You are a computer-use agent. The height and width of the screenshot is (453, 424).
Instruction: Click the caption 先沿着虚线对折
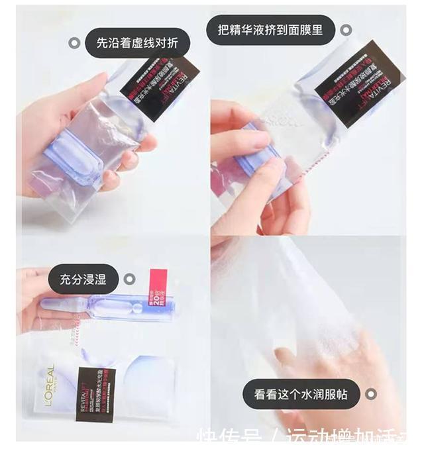(137, 44)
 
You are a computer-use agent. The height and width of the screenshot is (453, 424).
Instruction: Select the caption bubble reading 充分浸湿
(83, 279)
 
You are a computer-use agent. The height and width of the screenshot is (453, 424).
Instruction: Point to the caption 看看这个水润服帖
(300, 395)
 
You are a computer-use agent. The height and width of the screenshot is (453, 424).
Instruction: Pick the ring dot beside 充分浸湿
(131, 279)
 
